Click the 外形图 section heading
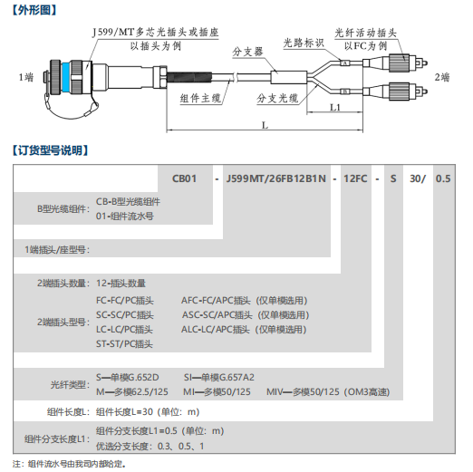point(34,10)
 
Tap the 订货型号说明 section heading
point(50,150)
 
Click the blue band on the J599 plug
point(66,77)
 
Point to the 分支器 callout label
point(247,52)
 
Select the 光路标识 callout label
point(304,43)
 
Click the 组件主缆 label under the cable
point(200,99)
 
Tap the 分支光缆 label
point(277,99)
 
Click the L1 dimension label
point(335,107)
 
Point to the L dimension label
point(265,125)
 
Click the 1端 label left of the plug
point(26,77)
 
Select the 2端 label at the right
point(442,77)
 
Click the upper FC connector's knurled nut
point(400,63)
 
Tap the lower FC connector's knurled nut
point(400,92)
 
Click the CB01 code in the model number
point(184,178)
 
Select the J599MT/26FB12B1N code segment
point(276,178)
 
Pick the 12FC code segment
point(355,178)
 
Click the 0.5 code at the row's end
point(443,178)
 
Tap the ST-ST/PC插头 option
point(124,344)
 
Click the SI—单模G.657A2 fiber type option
point(219,377)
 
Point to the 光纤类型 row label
point(70,385)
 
